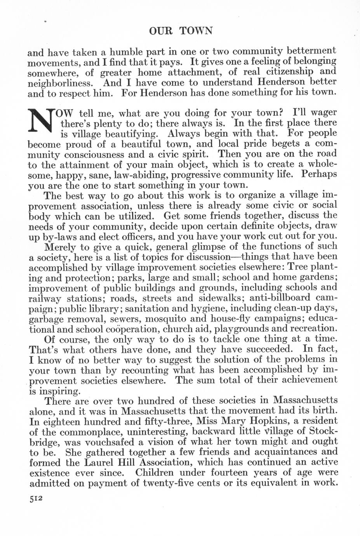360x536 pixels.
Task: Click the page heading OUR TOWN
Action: pos(181,31)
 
